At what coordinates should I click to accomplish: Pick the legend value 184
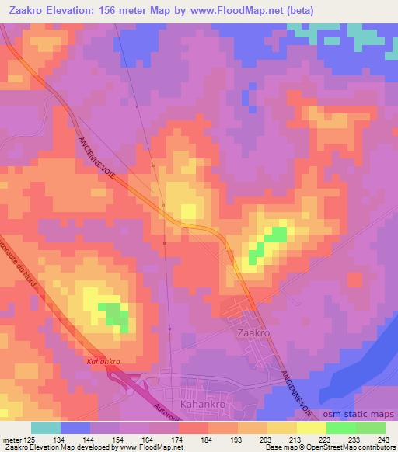tap(208, 440)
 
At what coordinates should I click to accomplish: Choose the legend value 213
tap(296, 440)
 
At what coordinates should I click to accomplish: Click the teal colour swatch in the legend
tap(46, 428)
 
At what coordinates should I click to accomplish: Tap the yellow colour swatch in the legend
tap(311, 428)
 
